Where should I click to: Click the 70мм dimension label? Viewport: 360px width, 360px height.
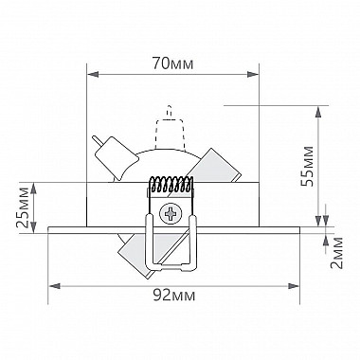[x=172, y=63]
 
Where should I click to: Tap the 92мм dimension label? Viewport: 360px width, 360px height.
[x=174, y=296]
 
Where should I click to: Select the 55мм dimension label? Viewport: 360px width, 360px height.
[x=307, y=167]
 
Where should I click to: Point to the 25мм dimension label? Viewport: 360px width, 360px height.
[x=23, y=207]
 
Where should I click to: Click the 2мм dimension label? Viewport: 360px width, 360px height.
[x=336, y=253]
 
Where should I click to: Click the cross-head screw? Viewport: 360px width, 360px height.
[x=171, y=214]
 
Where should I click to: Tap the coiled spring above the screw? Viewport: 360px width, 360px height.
[x=171, y=184]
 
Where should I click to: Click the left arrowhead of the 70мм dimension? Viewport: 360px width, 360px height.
[x=93, y=75]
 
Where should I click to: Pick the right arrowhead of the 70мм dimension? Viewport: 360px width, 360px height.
[x=253, y=75]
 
